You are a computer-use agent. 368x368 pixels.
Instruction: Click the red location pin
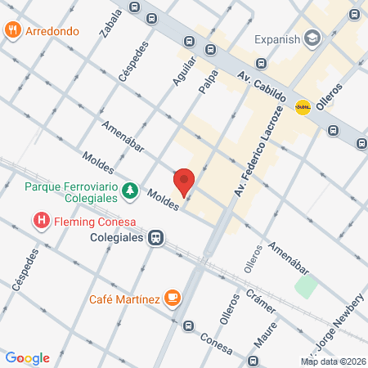(184, 181)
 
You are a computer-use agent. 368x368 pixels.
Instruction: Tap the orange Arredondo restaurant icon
(12, 31)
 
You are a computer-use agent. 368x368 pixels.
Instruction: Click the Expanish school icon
(312, 38)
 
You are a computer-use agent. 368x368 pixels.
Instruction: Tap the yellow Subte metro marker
(303, 106)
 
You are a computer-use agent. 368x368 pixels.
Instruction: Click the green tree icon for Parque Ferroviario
(129, 191)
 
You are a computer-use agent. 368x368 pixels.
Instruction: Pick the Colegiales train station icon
(153, 238)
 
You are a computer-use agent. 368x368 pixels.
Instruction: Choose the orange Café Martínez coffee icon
(172, 298)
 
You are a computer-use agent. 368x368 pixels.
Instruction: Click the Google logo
(28, 358)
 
